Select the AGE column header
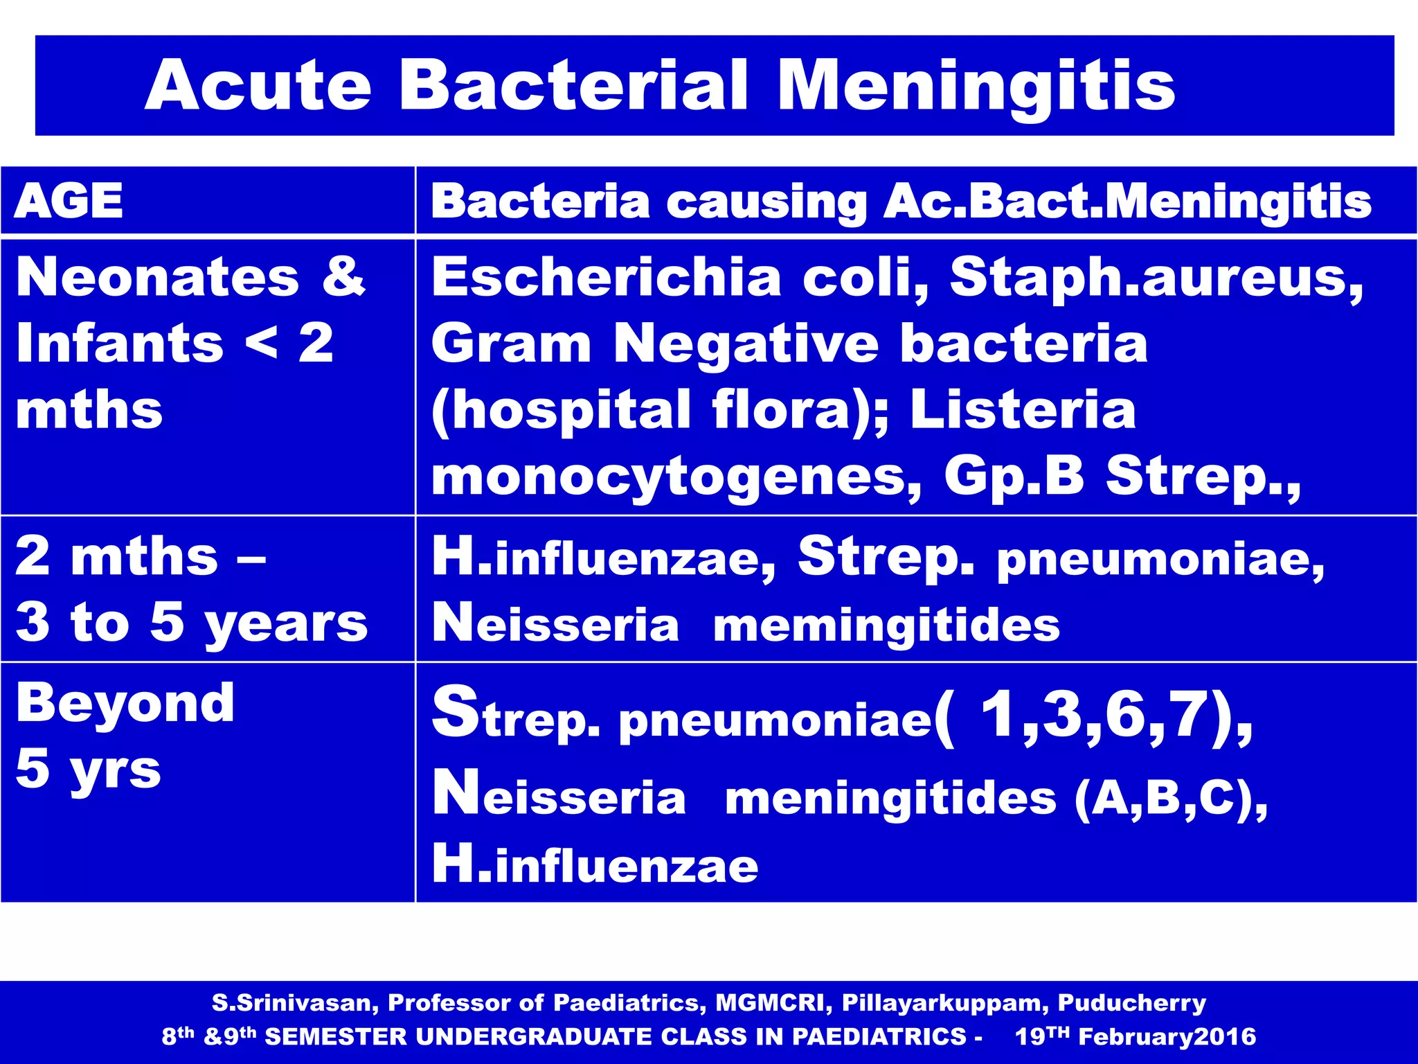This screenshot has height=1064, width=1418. click(69, 202)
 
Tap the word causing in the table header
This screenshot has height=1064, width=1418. click(766, 203)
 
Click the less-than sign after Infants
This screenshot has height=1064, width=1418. click(261, 343)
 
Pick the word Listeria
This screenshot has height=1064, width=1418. click(1023, 409)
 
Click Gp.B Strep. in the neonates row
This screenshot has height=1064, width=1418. click(1122, 477)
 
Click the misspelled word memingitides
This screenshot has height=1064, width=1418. click(886, 625)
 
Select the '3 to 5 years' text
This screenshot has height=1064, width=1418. click(191, 622)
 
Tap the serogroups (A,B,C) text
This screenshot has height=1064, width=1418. click(1170, 798)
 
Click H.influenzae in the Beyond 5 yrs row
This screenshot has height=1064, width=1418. click(595, 864)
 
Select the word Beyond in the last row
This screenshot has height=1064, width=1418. click(125, 702)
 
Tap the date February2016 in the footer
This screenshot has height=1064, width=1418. click(1167, 1036)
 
